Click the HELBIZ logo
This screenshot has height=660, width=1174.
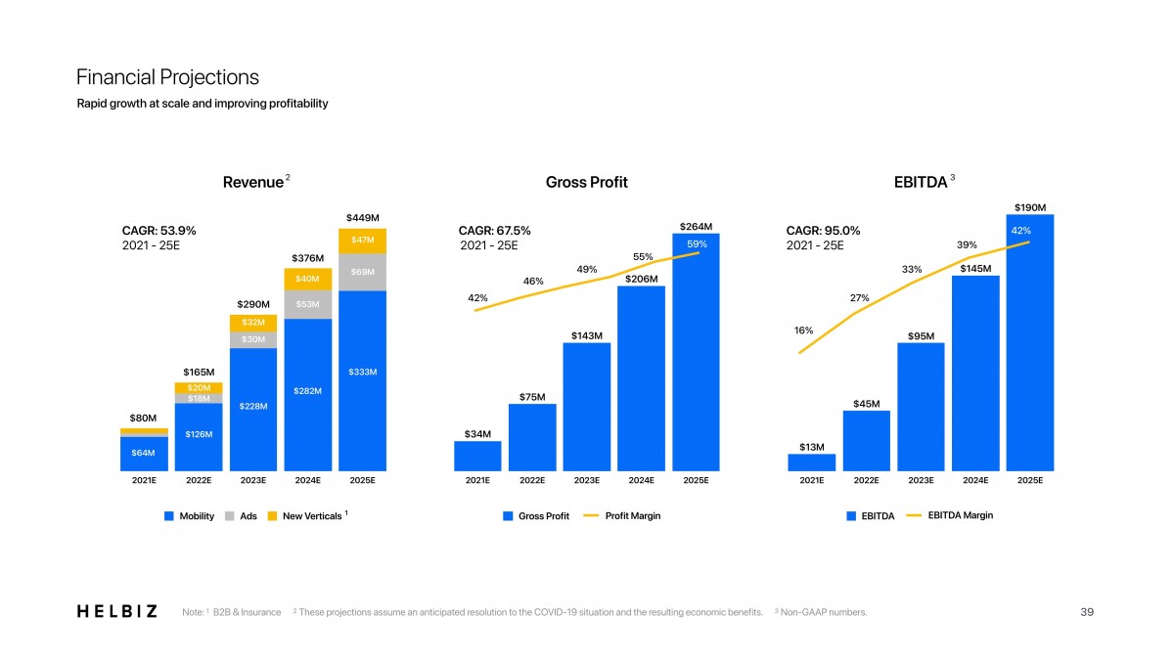tap(116, 612)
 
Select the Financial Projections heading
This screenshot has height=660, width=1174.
tap(167, 77)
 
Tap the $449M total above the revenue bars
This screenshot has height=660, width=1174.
tap(363, 217)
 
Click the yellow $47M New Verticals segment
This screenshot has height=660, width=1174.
tap(363, 241)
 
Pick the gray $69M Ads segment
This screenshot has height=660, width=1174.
tap(363, 272)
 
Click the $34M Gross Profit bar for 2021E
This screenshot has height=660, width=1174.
tap(477, 456)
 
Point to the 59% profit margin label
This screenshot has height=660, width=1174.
tap(697, 243)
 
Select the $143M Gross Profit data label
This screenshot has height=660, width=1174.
tap(587, 336)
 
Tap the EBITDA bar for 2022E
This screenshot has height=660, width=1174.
tap(866, 441)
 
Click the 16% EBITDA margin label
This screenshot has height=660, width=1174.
tap(804, 330)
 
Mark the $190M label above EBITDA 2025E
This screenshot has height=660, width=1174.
tap(1030, 207)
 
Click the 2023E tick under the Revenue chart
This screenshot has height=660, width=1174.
tap(253, 481)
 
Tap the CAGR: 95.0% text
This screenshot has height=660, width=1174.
tap(823, 231)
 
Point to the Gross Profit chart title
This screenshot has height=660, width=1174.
tap(587, 182)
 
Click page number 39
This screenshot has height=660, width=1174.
tap(1086, 612)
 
